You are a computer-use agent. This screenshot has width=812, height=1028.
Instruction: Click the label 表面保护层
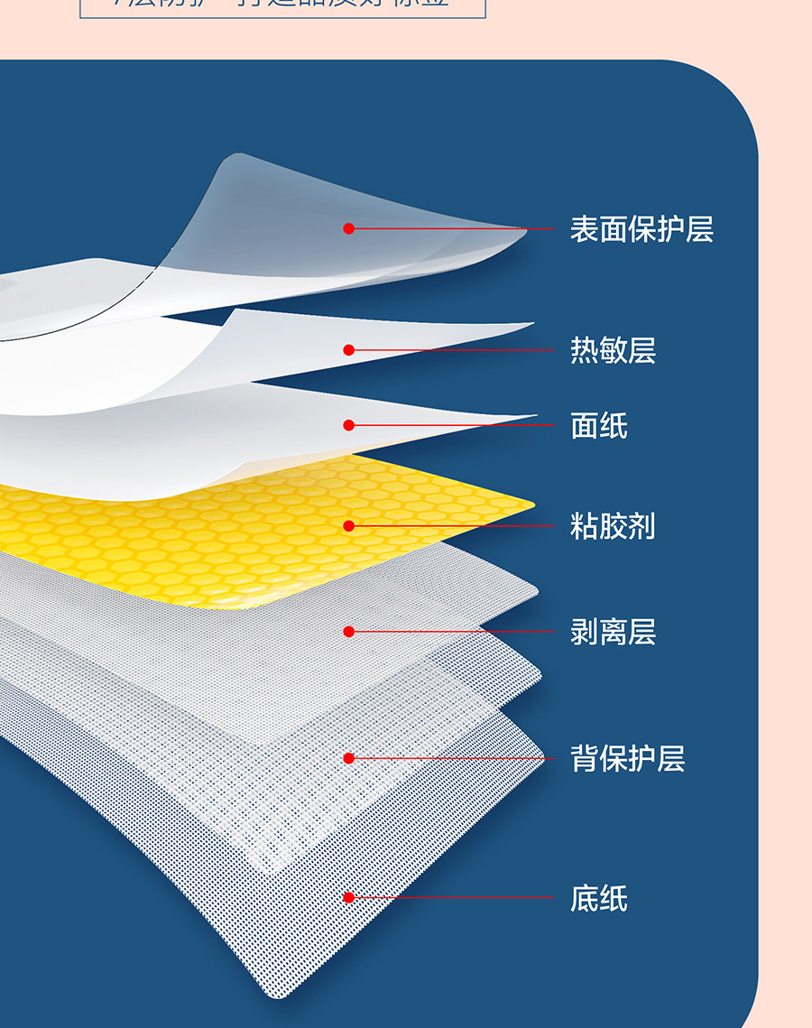[x=641, y=229]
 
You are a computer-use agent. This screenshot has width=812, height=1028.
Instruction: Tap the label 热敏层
[x=613, y=350]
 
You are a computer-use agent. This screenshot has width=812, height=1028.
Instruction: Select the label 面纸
[x=598, y=425]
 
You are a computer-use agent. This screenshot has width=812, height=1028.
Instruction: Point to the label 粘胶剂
[x=613, y=525]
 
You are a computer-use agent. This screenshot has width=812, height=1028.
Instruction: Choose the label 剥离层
[x=613, y=632]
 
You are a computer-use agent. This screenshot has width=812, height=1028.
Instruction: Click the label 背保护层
[x=627, y=758]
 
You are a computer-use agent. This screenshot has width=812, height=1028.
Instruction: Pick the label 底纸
[x=598, y=898]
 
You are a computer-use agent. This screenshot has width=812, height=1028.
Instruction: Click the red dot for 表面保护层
[x=349, y=228]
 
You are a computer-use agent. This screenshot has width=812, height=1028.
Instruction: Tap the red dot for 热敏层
[x=349, y=350]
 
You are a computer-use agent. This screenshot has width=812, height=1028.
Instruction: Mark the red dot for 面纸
[x=349, y=425]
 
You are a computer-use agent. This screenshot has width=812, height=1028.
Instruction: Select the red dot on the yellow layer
[x=349, y=525]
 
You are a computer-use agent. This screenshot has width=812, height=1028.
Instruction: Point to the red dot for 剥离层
[x=349, y=632]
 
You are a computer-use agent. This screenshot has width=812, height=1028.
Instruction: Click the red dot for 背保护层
[x=349, y=758]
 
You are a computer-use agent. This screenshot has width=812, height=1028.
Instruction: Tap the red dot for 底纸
[x=349, y=897]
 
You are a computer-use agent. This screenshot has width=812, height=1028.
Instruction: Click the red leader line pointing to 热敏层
[x=451, y=350]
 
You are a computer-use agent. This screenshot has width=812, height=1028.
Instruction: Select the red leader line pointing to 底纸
[x=451, y=897]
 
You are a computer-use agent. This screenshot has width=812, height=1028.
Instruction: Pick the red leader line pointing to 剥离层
[x=451, y=632]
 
